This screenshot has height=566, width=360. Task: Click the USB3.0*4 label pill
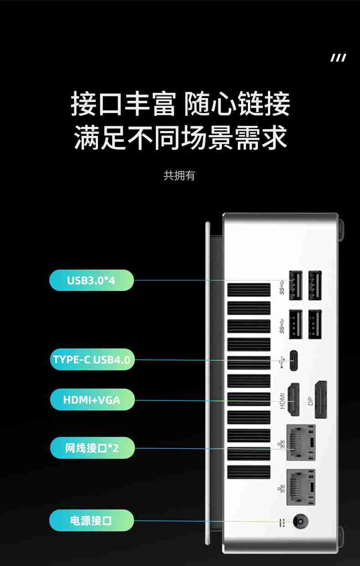point(91,280)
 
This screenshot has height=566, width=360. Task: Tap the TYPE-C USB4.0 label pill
point(92,359)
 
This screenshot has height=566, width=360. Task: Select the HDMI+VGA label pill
point(92,400)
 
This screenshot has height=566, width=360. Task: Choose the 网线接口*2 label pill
point(92,448)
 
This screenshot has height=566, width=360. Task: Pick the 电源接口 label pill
point(91,520)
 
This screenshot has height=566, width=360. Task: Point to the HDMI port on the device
point(293,400)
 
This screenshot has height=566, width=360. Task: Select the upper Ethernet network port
point(300,442)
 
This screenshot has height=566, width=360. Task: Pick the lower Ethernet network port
point(300,487)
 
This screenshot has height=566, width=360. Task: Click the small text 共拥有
point(179,176)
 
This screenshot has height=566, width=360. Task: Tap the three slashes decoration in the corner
point(338,57)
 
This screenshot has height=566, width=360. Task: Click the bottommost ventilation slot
point(248,472)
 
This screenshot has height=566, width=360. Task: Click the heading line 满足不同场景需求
point(180,138)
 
